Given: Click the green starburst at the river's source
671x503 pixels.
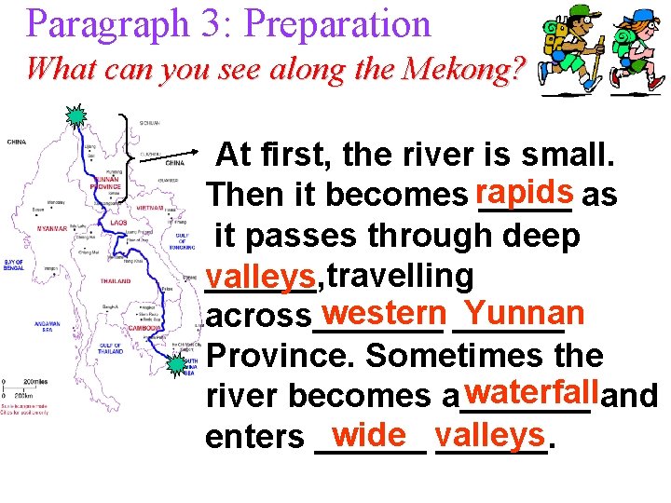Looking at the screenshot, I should tap(74, 117).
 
